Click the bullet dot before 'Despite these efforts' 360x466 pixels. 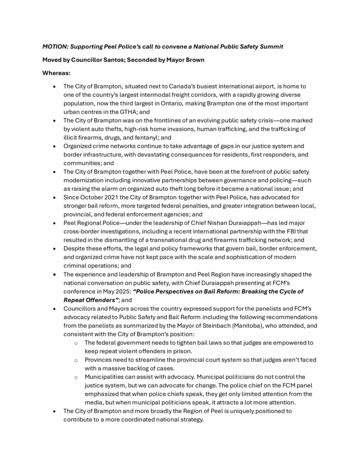tap(54, 249)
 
